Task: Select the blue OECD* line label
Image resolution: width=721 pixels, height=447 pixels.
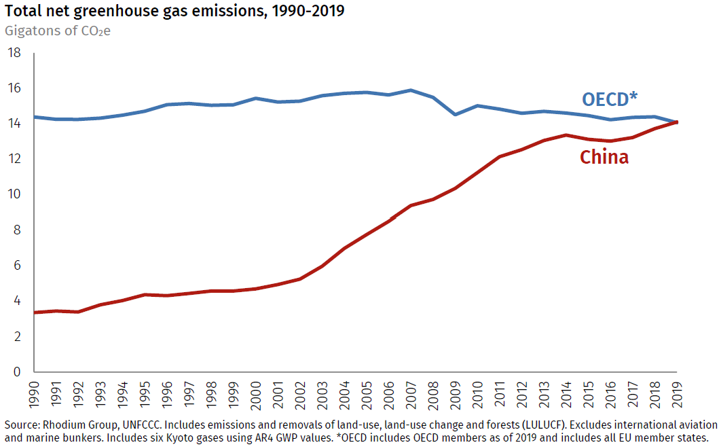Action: tap(610, 99)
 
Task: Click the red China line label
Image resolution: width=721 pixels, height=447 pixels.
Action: tap(604, 158)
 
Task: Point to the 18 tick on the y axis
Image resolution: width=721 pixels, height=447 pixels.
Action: tap(14, 53)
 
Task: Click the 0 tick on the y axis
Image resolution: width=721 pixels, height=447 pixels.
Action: tap(17, 372)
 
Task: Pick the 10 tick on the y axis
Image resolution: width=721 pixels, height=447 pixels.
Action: tap(14, 195)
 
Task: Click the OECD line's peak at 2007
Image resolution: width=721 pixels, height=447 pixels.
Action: tap(411, 90)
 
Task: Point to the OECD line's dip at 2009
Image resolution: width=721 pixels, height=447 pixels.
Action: tap(455, 114)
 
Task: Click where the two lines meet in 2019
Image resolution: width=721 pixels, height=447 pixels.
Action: tap(676, 122)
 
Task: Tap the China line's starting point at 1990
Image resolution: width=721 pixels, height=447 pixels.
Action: tap(35, 312)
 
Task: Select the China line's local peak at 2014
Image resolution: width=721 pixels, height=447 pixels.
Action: tap(566, 135)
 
